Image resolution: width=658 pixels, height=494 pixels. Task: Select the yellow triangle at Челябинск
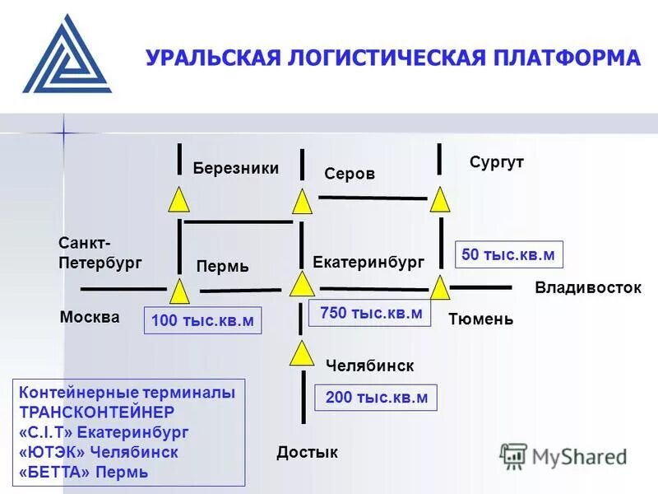[302, 354]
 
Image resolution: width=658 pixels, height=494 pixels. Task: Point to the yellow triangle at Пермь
[179, 291]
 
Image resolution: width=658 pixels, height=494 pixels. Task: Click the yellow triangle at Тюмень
[440, 289]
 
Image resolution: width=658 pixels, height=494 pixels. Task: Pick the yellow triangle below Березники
[179, 200]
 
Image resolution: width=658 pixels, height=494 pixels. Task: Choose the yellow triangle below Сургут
[440, 200]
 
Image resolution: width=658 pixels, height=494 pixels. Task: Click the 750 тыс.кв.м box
[369, 314]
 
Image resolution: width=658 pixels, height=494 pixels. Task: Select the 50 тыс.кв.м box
[508, 254]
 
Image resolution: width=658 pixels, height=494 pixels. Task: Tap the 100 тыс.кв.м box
[202, 320]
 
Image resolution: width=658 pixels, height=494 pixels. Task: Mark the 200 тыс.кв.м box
[377, 398]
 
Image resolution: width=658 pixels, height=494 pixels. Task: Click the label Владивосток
[587, 287]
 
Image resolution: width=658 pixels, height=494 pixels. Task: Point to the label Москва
[90, 317]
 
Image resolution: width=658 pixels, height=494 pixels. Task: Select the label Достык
[307, 452]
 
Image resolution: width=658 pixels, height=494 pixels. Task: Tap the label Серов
[350, 174]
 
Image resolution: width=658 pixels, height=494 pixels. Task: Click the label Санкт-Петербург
[100, 253]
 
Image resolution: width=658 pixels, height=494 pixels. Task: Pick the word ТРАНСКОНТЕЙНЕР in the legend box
[96, 412]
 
